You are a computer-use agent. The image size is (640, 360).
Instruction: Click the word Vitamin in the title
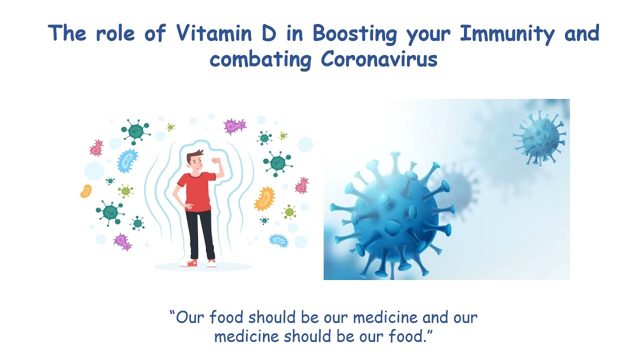click(x=213, y=33)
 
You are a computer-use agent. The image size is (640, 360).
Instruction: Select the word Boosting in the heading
click(x=355, y=34)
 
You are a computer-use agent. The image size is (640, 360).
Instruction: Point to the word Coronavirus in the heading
click(x=379, y=59)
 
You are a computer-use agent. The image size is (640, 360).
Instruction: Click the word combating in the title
click(x=260, y=60)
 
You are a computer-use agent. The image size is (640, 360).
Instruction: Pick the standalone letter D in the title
click(x=269, y=33)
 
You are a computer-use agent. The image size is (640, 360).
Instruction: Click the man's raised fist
click(x=216, y=160)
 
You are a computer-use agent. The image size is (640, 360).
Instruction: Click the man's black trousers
click(x=200, y=235)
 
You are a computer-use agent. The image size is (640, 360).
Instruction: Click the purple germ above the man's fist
click(x=235, y=126)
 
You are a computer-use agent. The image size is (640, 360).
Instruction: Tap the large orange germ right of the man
click(x=264, y=198)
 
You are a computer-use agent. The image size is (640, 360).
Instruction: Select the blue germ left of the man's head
click(x=127, y=160)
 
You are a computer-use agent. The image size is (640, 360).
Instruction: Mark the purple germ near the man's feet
click(x=122, y=241)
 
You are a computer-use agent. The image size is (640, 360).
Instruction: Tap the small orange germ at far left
click(x=86, y=191)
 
